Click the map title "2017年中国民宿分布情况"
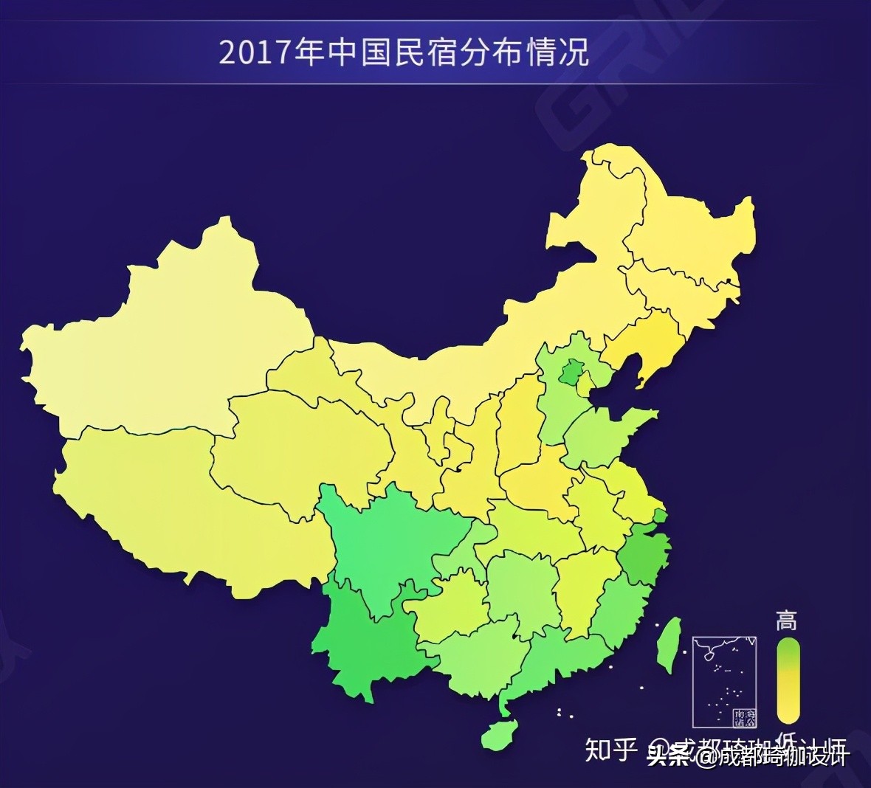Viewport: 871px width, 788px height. (x=403, y=54)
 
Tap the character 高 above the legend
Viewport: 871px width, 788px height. (x=786, y=621)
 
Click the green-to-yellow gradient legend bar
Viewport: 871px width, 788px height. (x=788, y=680)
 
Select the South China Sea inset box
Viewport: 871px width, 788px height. (x=724, y=681)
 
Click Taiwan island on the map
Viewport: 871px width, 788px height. (x=669, y=644)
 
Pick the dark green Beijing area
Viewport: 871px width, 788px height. (x=569, y=373)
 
